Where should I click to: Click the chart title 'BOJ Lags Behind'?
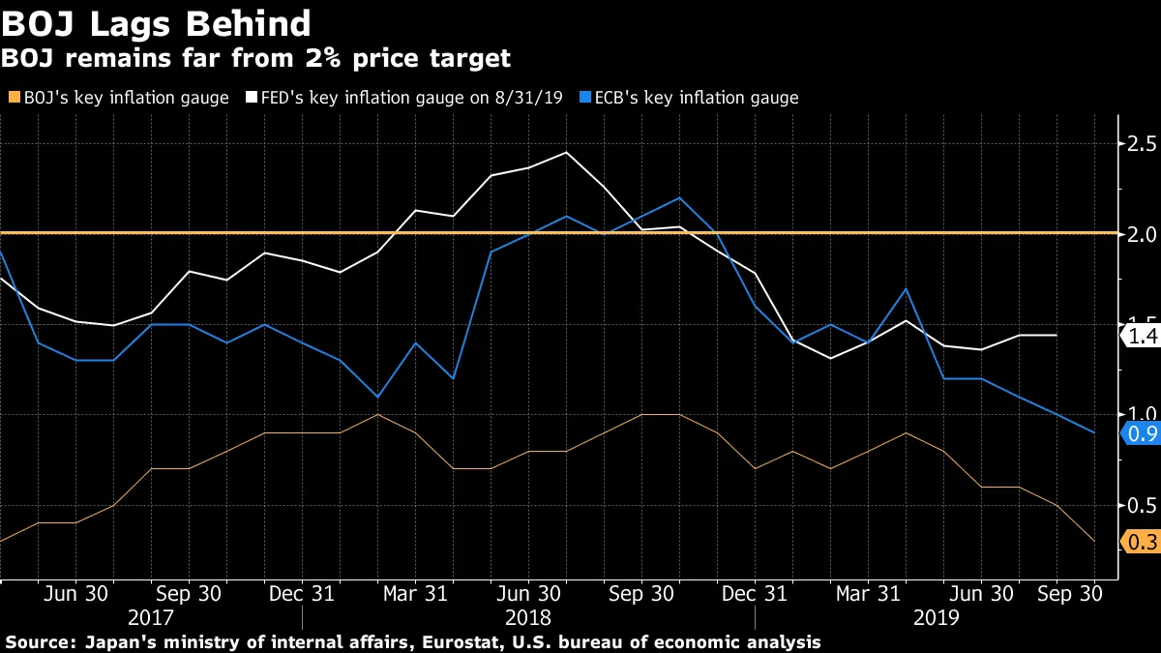(157, 23)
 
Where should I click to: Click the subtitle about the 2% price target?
(255, 59)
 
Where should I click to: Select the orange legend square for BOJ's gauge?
(13, 98)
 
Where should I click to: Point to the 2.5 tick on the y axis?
(1138, 144)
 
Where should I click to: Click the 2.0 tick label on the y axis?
(1138, 234)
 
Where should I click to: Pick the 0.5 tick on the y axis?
(1138, 505)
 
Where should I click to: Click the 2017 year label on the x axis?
(151, 617)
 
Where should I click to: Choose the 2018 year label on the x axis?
(528, 617)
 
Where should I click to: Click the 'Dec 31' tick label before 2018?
(302, 594)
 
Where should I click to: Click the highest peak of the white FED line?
(566, 152)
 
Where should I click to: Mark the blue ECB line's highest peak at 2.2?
(679, 197)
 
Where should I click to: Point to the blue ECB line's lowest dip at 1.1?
(377, 397)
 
